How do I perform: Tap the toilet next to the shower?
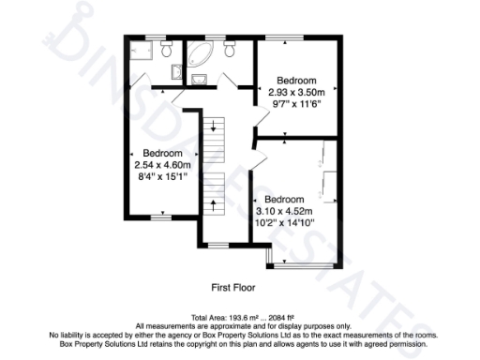tap(167, 47)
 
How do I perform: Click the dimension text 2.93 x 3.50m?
tap(296, 93)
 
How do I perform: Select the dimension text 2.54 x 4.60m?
tap(162, 166)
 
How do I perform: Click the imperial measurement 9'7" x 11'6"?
tap(296, 104)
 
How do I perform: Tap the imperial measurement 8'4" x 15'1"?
tap(162, 177)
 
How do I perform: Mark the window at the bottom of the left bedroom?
tap(162, 217)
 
